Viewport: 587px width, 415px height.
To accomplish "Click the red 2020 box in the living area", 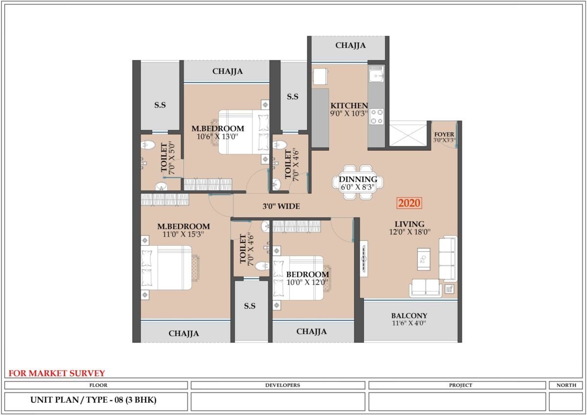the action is [x=409, y=203].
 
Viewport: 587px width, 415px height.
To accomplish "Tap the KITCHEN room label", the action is [x=349, y=106].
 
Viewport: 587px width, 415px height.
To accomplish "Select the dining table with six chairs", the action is [x=358, y=183].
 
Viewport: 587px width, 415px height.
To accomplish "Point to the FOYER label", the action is [x=444, y=134].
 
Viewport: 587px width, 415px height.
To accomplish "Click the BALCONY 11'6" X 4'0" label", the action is [x=409, y=319].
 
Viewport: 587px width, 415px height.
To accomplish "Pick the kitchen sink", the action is [x=376, y=74].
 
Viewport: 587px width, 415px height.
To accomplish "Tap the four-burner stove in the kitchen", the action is [x=377, y=116].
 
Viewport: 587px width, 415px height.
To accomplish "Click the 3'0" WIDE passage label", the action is [x=281, y=207].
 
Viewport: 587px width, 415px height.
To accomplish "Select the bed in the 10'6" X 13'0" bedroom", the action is [x=244, y=132].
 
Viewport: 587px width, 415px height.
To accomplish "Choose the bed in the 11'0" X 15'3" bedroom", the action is [x=166, y=268].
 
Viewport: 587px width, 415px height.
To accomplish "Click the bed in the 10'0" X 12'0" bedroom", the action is [x=298, y=278].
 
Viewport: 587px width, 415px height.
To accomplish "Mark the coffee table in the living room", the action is [x=424, y=259].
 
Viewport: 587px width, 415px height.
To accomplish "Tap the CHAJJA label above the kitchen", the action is [x=350, y=46].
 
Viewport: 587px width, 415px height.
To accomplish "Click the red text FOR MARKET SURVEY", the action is [x=57, y=373].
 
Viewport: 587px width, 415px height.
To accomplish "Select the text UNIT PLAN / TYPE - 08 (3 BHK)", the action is [x=93, y=400].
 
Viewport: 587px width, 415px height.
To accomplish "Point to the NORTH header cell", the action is [x=566, y=385].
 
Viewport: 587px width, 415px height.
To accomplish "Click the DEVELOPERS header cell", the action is [x=283, y=385].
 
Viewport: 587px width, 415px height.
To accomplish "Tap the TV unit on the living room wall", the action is [x=364, y=258].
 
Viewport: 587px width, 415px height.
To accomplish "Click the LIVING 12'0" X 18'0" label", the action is [x=409, y=228].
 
